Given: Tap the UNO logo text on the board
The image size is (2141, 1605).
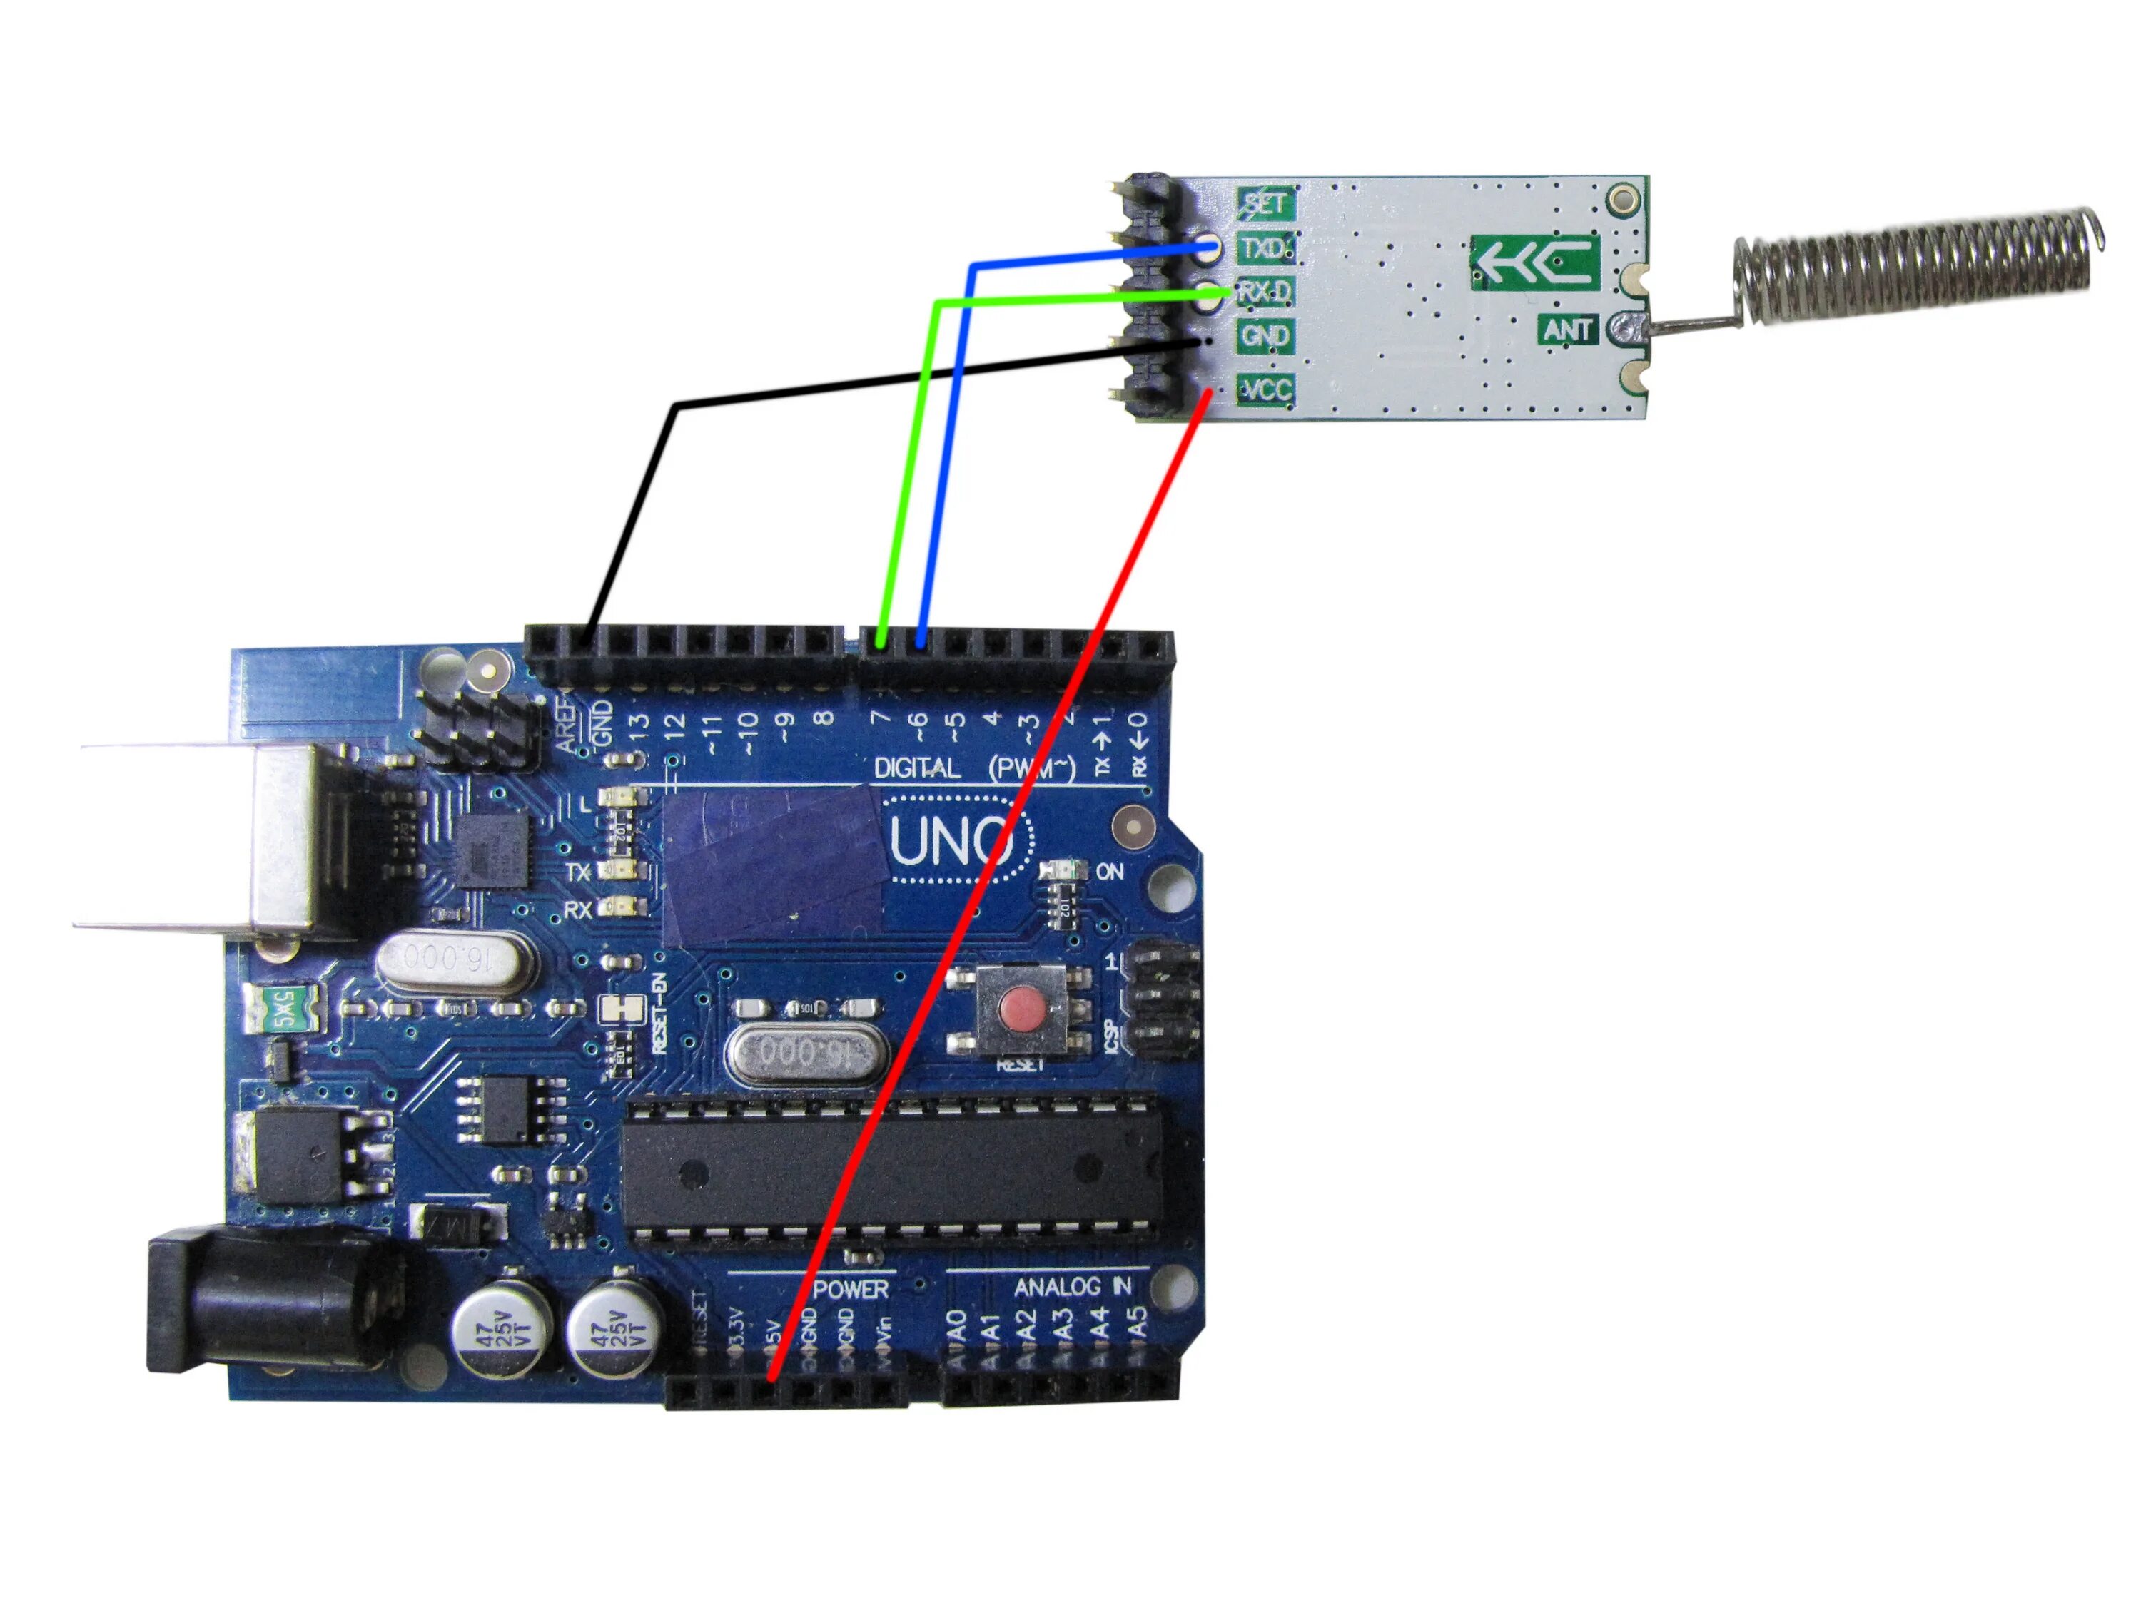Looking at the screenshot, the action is pyautogui.click(x=949, y=842).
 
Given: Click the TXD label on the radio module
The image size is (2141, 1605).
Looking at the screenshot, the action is pyautogui.click(x=1264, y=249).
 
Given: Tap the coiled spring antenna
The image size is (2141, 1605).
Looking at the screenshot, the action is pyautogui.click(x=1916, y=266).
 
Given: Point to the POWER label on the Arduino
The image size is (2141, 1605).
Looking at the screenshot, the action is pyautogui.click(x=851, y=1290).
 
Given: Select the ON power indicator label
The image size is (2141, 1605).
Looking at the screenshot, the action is pyautogui.click(x=1109, y=871).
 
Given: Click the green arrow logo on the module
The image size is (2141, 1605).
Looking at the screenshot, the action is pyautogui.click(x=1535, y=263).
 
